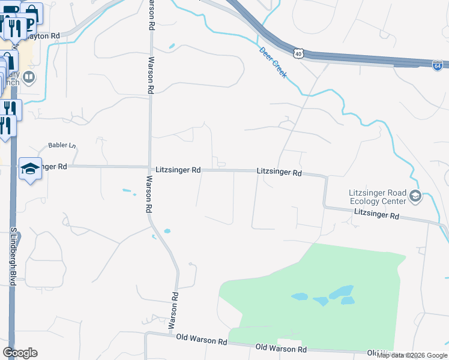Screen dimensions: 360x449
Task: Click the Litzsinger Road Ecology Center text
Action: pos(377,197)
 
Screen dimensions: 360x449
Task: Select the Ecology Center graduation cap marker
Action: pos(415,196)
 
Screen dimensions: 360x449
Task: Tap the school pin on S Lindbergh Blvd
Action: pos(29,169)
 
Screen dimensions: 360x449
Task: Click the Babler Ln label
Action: pos(62,146)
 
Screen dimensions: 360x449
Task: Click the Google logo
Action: pos(20,352)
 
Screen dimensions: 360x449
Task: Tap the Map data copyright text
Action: pos(412,355)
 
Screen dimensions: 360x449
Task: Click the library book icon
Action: pos(28,77)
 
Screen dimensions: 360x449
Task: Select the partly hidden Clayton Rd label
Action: pos(44,36)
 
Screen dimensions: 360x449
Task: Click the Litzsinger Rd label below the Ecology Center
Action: pos(376,214)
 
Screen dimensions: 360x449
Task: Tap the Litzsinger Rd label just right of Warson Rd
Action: pos(178,170)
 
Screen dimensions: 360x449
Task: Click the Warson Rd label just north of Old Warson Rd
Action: pos(173,311)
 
